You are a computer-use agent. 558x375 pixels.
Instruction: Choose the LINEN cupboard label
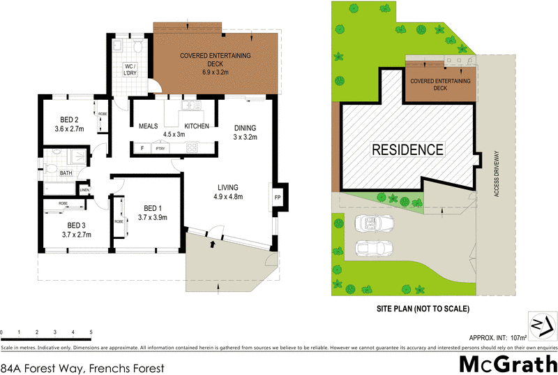click(x=84, y=189)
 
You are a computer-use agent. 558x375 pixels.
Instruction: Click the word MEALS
click(x=149, y=126)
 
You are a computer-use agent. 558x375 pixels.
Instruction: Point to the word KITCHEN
click(x=197, y=126)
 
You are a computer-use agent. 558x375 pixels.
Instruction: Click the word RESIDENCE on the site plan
click(x=407, y=149)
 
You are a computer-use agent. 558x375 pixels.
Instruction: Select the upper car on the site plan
click(x=373, y=223)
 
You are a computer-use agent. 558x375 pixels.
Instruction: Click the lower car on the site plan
click(x=373, y=248)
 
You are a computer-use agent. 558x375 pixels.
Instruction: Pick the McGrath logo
click(x=507, y=363)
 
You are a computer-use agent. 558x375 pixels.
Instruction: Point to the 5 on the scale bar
click(x=91, y=332)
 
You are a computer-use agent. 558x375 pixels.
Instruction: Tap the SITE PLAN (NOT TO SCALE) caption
click(x=422, y=308)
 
